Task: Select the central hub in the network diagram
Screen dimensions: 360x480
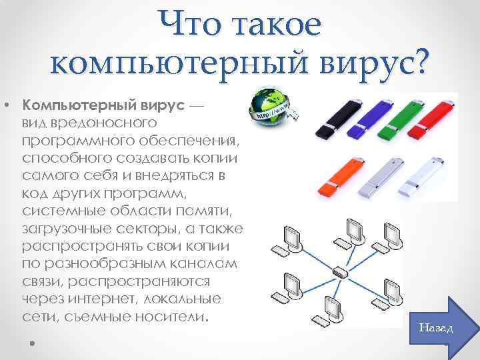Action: pyautogui.click(x=339, y=273)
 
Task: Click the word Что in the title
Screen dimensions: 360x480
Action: pyautogui.click(x=190, y=27)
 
